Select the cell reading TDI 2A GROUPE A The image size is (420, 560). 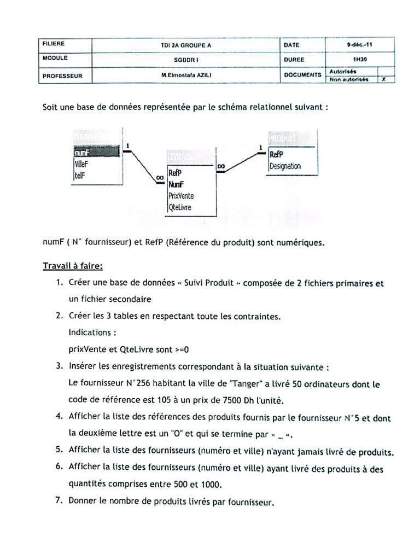coord(186,45)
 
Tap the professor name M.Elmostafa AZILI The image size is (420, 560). coord(186,76)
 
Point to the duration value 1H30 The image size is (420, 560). coord(360,60)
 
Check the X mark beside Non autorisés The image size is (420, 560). coord(384,79)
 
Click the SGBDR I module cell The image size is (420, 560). coord(186,60)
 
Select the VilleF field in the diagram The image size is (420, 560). coord(81,164)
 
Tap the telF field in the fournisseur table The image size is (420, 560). coord(80,175)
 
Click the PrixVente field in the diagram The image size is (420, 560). coord(181,195)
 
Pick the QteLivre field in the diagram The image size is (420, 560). coord(180,207)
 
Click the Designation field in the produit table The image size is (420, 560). coord(285,166)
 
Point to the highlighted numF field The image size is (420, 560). coord(81,153)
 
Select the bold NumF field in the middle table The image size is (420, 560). coord(177,184)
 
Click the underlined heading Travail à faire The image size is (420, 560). coord(73,266)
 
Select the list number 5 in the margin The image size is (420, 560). coord(59,450)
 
